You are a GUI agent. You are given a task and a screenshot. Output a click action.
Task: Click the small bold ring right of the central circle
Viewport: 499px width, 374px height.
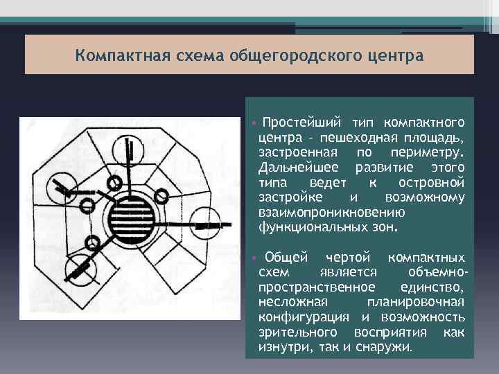(164, 196)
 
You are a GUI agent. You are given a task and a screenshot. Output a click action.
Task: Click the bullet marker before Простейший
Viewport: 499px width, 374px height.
(254, 123)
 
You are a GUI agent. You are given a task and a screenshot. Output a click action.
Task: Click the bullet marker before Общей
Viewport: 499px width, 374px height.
(254, 258)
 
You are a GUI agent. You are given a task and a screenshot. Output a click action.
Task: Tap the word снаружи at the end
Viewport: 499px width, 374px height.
(385, 347)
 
